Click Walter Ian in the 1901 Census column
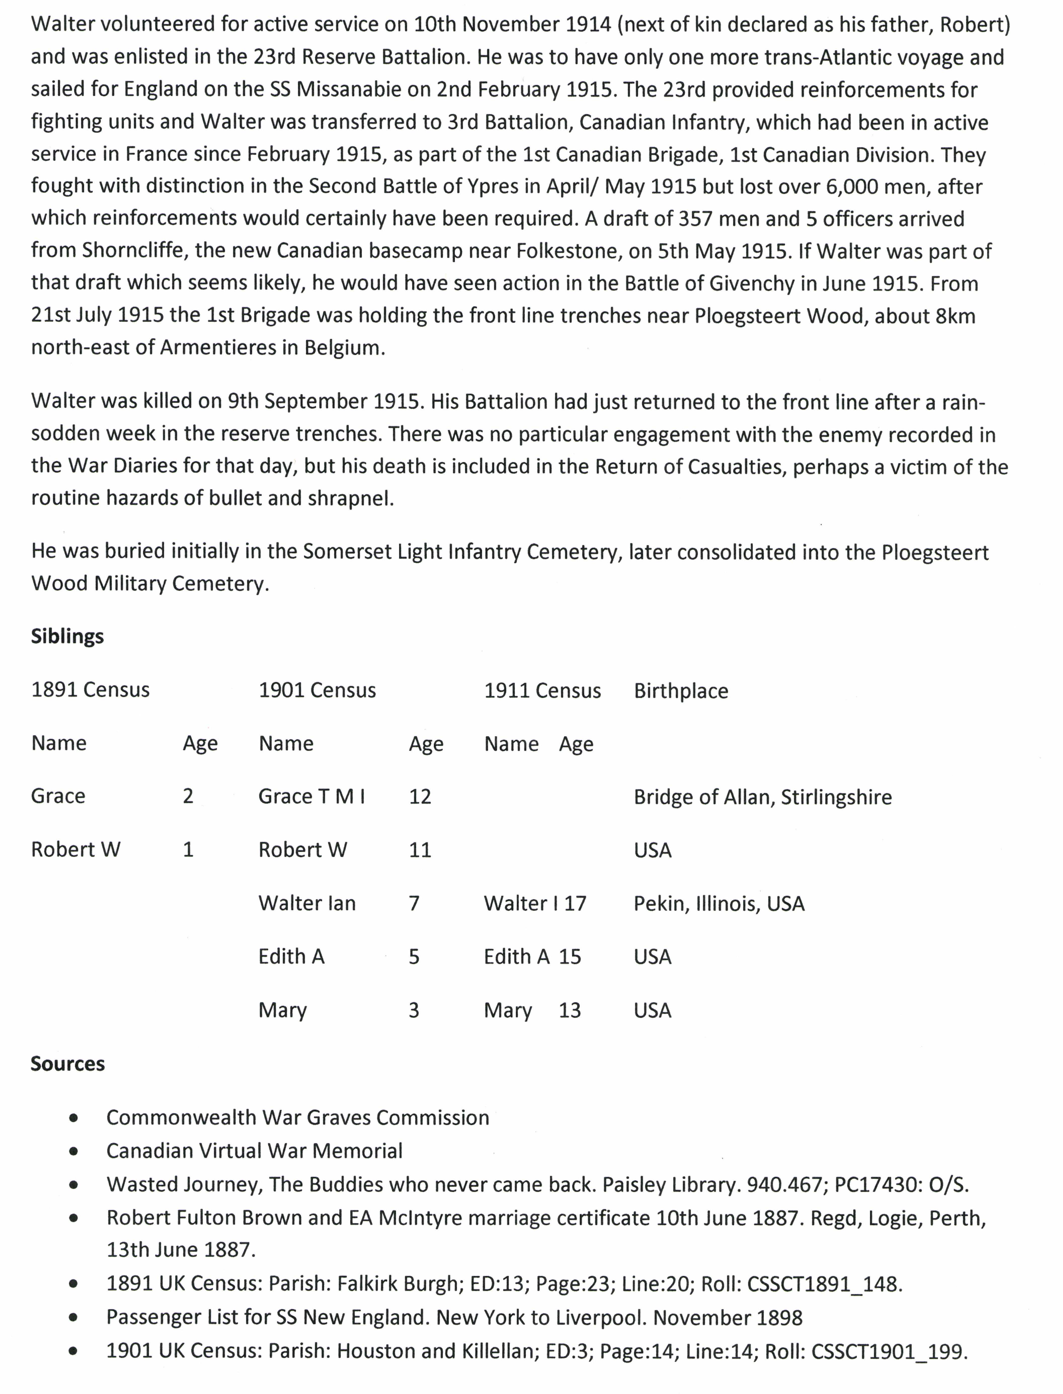[x=307, y=903]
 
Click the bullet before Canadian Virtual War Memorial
[x=74, y=1151]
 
